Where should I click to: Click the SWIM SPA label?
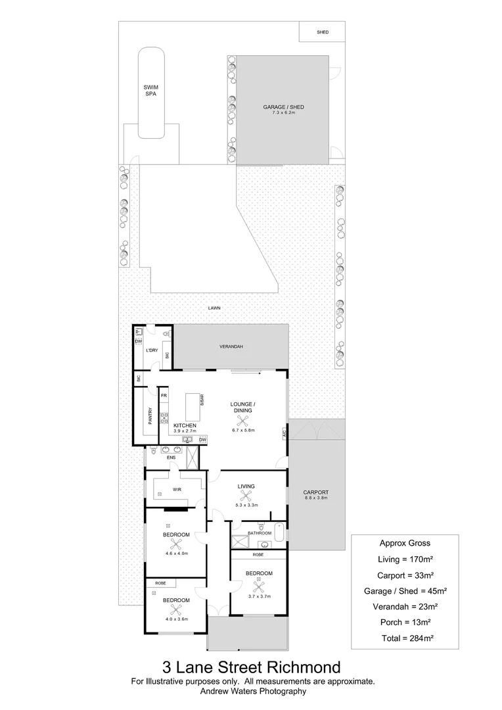(151, 91)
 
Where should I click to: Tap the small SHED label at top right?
(322, 32)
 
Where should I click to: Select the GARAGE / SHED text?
(283, 107)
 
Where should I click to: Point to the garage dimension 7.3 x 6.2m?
(283, 113)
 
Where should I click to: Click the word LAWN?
(214, 307)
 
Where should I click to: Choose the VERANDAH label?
(231, 346)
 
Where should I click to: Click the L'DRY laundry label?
(152, 350)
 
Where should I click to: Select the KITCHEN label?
(185, 425)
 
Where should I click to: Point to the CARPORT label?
(315, 492)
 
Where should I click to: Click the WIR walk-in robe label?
(176, 490)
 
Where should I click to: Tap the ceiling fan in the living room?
(246, 496)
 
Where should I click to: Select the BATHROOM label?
(260, 533)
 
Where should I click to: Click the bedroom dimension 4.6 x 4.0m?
(176, 554)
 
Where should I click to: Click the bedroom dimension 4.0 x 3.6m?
(176, 619)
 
